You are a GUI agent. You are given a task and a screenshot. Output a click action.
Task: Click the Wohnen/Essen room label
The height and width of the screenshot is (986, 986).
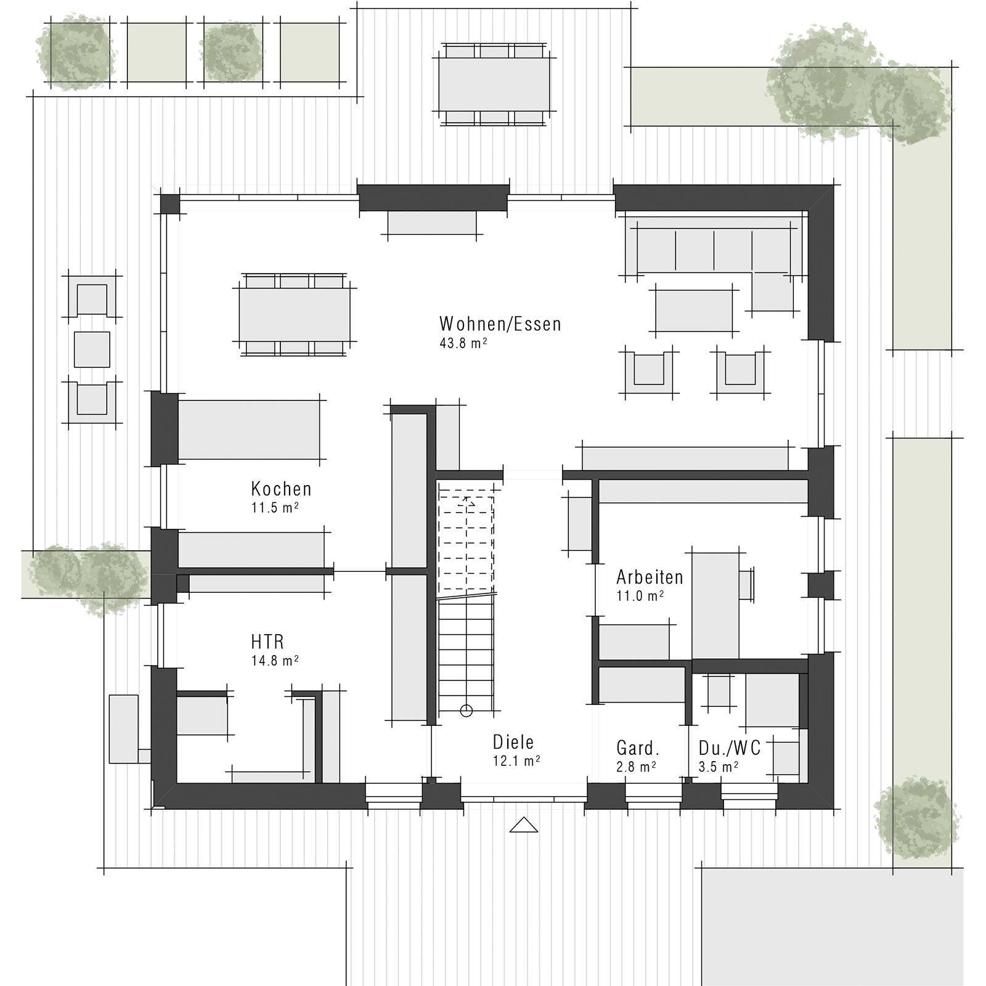500,324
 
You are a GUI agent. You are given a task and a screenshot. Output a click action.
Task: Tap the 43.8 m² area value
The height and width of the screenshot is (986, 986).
463,343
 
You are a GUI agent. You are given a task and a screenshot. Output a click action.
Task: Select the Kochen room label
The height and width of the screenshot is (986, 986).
281,489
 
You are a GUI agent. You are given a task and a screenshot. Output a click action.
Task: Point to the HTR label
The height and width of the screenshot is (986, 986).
267,642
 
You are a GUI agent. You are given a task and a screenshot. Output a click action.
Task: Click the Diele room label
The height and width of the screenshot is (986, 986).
513,742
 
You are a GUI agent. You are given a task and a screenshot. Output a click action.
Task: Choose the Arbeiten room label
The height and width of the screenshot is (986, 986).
650,577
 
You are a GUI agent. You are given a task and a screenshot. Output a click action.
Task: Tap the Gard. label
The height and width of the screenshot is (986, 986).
638,749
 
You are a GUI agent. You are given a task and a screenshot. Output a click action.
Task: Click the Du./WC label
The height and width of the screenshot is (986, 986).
730,748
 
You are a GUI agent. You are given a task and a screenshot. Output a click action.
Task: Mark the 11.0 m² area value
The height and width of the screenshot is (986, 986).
640,596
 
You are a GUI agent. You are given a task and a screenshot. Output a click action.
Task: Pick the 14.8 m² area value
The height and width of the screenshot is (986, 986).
274,661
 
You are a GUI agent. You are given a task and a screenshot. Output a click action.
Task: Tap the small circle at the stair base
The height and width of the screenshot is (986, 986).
467,711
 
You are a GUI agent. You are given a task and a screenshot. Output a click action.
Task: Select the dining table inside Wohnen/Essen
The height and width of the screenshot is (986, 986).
295,314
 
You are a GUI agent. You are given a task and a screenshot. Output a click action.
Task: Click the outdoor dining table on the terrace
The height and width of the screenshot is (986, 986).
494,84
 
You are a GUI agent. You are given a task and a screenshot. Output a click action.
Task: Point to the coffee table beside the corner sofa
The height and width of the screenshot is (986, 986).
693,311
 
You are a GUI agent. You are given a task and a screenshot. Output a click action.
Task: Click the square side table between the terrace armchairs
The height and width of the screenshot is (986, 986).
92,349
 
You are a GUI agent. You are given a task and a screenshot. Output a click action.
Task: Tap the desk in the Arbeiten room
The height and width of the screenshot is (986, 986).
715,605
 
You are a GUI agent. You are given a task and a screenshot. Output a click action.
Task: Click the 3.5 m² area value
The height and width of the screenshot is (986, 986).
718,767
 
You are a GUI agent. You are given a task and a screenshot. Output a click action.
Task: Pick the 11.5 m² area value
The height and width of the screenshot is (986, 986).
274,508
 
